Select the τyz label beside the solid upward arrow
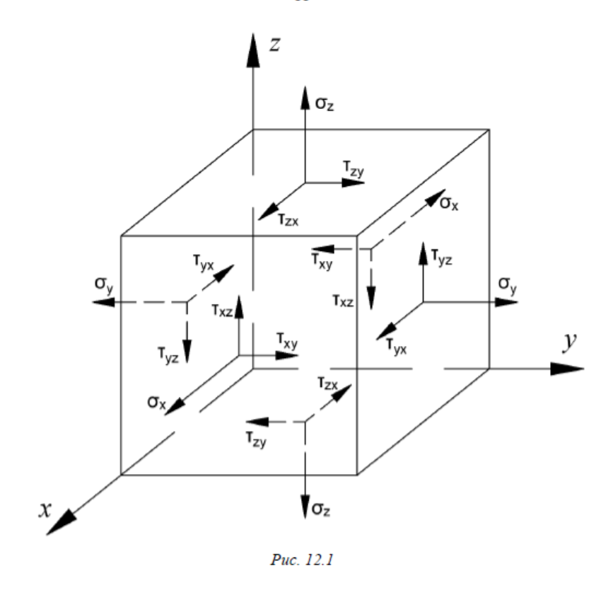[441, 259]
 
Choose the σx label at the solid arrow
[157, 402]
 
